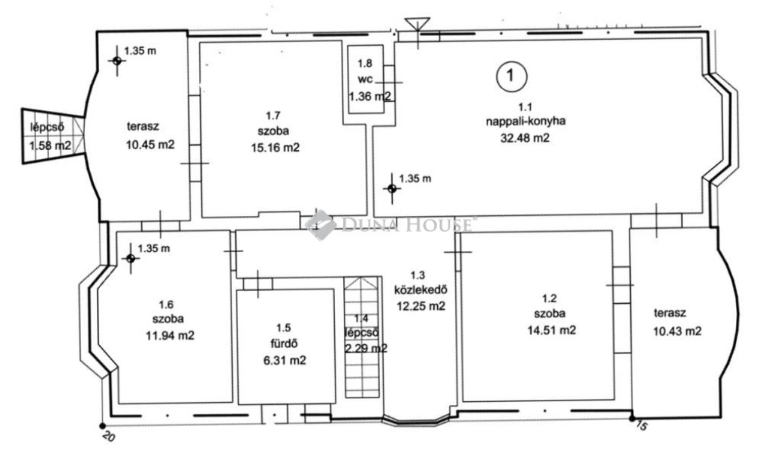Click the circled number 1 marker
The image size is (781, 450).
[x=511, y=76]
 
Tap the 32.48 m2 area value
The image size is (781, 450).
[x=525, y=138]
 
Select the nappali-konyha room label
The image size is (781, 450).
[x=526, y=121]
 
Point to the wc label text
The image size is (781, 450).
[x=365, y=79]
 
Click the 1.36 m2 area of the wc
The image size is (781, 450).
[x=369, y=97]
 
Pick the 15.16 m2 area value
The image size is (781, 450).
[x=276, y=148]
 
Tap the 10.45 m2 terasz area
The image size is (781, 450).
[x=150, y=144]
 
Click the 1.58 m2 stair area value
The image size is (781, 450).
[x=50, y=145]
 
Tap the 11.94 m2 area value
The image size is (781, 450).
[x=170, y=336]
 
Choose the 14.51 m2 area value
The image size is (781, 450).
[x=552, y=330]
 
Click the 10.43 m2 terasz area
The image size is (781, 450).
[x=677, y=331]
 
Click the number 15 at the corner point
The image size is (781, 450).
[x=642, y=426]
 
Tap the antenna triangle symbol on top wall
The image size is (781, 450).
[x=417, y=24]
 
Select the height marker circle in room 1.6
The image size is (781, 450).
[x=131, y=259]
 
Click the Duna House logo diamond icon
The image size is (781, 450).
[x=321, y=225]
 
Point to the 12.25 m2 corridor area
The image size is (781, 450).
[x=421, y=306]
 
